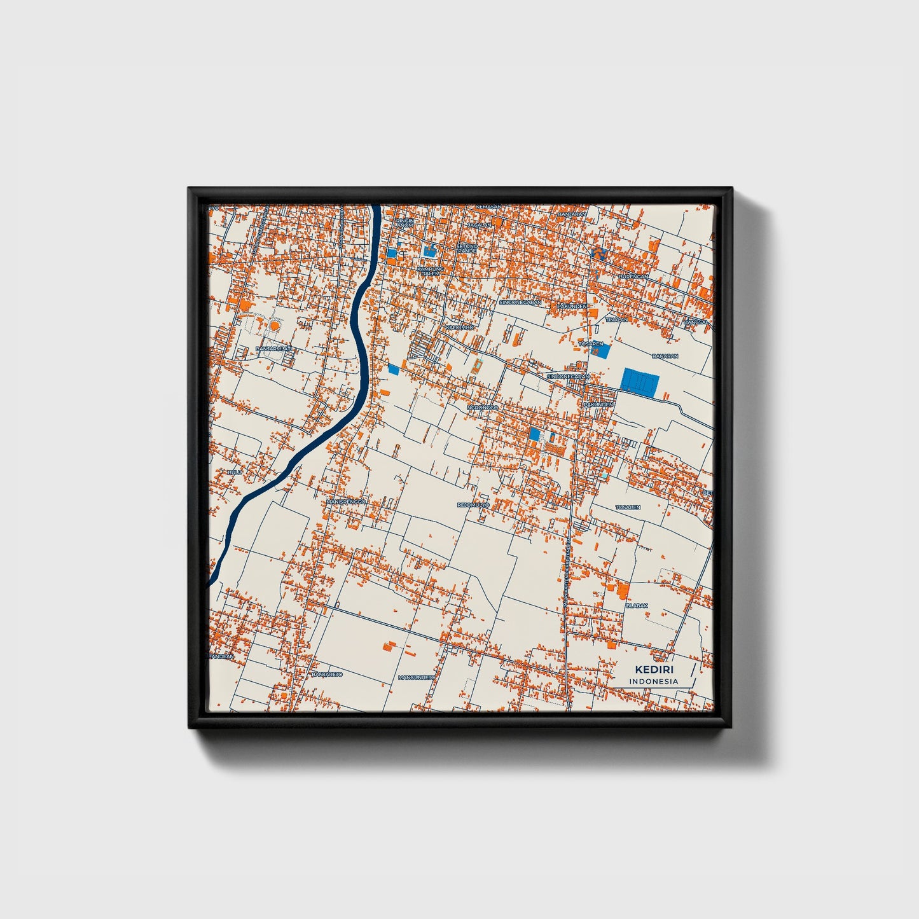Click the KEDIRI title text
(654, 670)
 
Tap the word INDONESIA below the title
(654, 682)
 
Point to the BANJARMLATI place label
(273, 349)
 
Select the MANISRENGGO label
(347, 502)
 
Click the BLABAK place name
(637, 605)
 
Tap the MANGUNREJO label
(416, 677)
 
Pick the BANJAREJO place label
(328, 674)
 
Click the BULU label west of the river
(235, 473)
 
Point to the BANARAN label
(665, 356)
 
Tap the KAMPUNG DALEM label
(431, 271)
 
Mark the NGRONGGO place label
(483, 407)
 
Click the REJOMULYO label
(473, 505)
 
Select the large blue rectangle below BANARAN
(640, 383)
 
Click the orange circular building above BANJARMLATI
(274, 325)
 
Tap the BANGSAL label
(696, 322)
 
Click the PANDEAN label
(221, 656)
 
